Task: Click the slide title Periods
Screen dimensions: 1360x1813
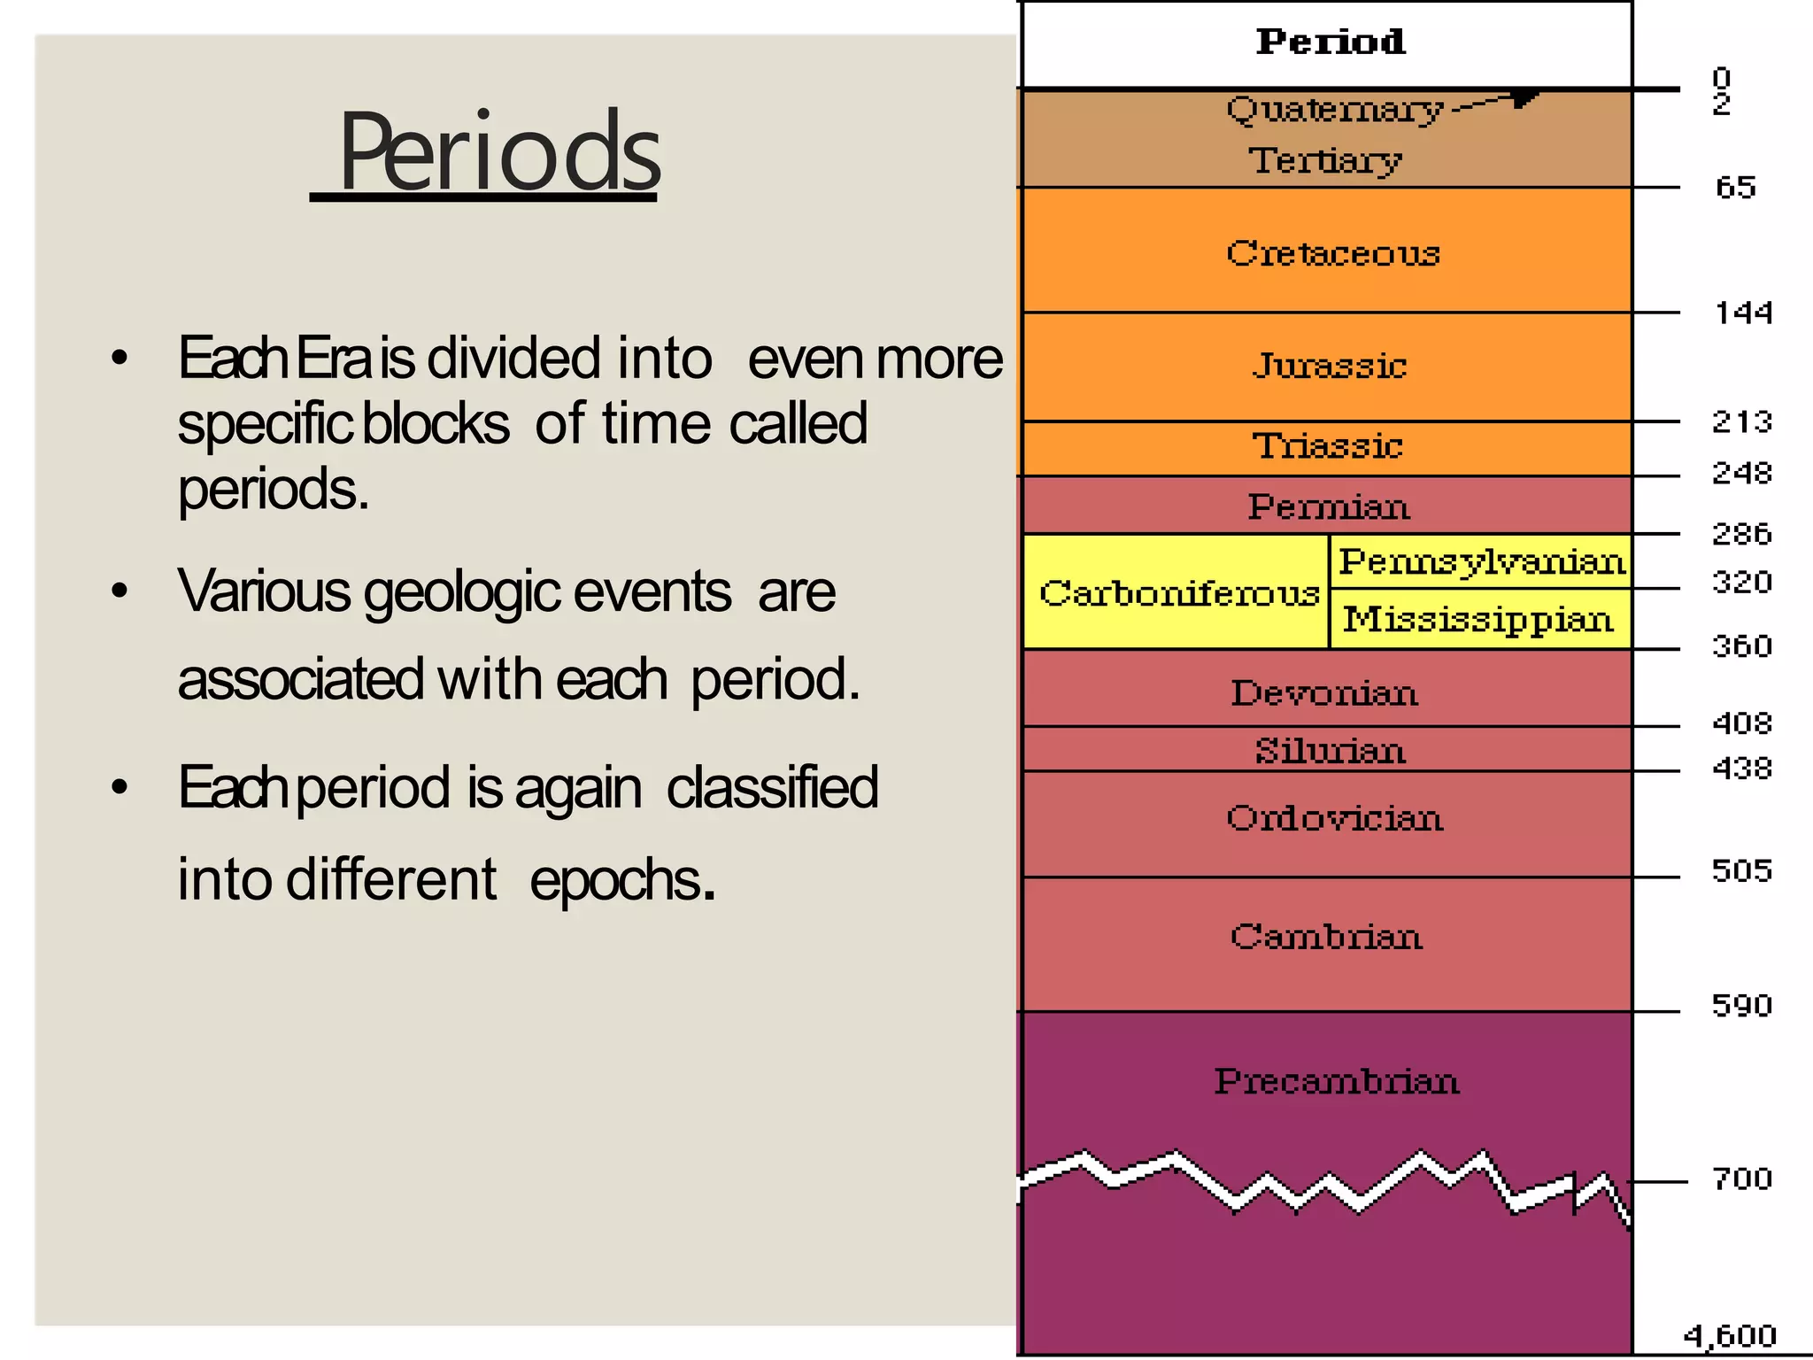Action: (x=498, y=152)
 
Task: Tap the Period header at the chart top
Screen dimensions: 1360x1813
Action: (x=1330, y=42)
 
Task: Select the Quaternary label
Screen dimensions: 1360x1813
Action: (x=1334, y=110)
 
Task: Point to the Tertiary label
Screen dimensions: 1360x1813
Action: (x=1325, y=161)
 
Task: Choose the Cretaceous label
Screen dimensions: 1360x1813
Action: (x=1333, y=253)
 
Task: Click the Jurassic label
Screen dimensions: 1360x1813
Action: (x=1329, y=366)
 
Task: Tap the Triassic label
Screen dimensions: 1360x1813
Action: (x=1327, y=446)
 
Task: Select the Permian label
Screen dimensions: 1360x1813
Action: (x=1328, y=507)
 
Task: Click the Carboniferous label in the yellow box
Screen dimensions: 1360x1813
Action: (x=1178, y=593)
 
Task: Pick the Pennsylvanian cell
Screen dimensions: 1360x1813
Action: (x=1481, y=561)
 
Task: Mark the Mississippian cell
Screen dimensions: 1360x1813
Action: (x=1477, y=619)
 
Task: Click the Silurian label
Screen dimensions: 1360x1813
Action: (x=1330, y=751)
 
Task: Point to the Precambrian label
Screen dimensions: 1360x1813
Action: (x=1336, y=1081)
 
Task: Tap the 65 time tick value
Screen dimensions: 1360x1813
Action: (x=1735, y=188)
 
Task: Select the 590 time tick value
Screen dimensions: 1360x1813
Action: (x=1741, y=1005)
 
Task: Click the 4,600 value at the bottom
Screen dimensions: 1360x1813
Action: (x=1729, y=1334)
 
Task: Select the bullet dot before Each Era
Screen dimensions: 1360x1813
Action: (x=120, y=359)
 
